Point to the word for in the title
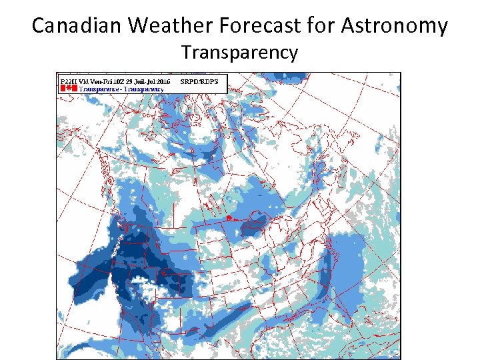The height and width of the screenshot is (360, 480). coord(325,25)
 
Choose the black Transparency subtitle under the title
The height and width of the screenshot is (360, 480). coord(240,53)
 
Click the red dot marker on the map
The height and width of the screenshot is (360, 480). coord(228,218)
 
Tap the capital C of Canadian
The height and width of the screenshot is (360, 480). coord(39,25)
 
